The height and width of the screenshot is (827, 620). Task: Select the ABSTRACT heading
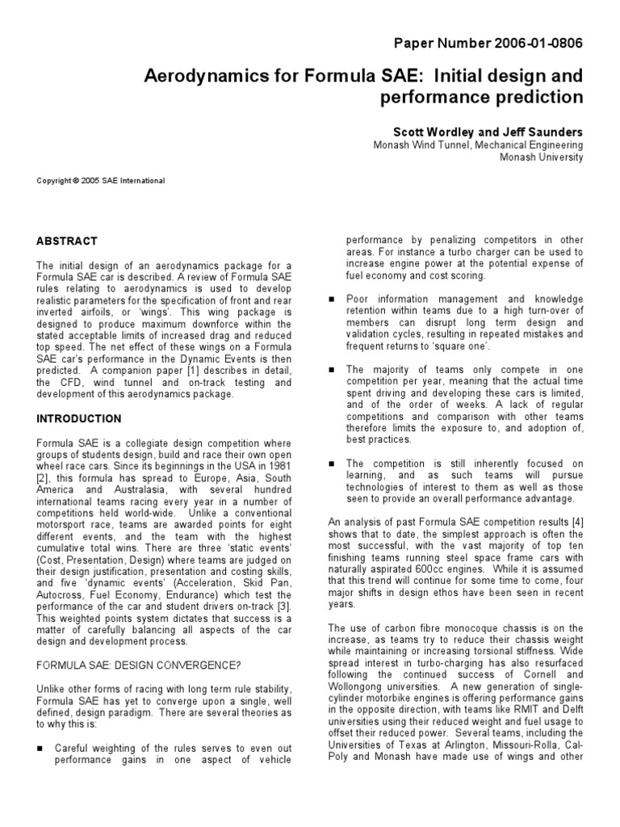(x=67, y=241)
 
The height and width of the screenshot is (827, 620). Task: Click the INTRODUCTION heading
(x=79, y=419)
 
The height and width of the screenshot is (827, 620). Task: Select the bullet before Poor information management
(x=332, y=298)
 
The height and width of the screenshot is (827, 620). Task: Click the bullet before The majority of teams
(x=332, y=370)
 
